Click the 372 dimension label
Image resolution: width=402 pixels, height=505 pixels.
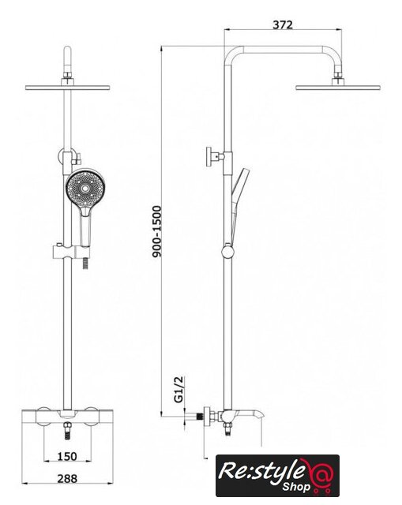coord(283,24)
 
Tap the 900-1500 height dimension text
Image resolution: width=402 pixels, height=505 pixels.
coord(156,231)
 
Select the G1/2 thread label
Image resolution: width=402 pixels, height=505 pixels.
coord(178,389)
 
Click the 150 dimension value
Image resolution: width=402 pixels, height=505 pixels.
coord(67,456)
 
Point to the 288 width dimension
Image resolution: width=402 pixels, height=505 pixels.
coord(67,479)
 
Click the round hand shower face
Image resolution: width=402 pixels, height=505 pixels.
coord(85,189)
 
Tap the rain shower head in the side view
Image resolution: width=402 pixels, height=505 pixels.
coord(338,87)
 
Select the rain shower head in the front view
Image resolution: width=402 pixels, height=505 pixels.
coord(68,88)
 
